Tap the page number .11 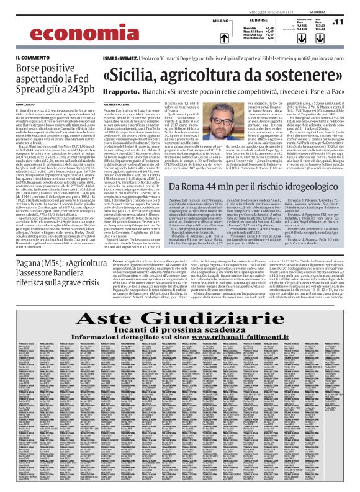338,21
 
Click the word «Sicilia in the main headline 135,76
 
